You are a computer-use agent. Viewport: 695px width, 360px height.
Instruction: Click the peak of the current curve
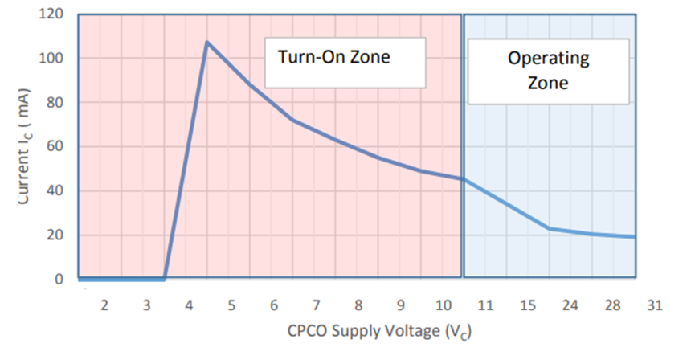click(207, 42)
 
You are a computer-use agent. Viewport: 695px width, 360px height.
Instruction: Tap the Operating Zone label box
click(548, 70)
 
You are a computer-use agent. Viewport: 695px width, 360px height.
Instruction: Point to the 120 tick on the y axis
click(52, 15)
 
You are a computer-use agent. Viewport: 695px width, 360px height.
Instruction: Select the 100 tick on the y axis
click(52, 59)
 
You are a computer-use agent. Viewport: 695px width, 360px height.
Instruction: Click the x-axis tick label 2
click(104, 305)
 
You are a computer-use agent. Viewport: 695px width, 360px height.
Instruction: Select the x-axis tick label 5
click(231, 305)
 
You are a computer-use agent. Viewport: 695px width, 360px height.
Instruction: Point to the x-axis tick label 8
click(358, 305)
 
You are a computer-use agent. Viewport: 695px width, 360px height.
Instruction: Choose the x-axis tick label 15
click(528, 305)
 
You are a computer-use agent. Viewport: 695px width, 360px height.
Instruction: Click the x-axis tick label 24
click(570, 305)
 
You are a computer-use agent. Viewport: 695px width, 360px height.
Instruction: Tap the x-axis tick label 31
click(655, 305)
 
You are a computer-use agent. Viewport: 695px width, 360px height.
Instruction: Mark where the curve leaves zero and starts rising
click(165, 279)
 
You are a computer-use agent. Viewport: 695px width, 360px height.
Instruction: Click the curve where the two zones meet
click(463, 179)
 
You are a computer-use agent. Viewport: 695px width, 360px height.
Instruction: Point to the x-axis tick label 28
click(613, 305)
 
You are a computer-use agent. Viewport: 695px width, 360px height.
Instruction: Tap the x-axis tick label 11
click(485, 305)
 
